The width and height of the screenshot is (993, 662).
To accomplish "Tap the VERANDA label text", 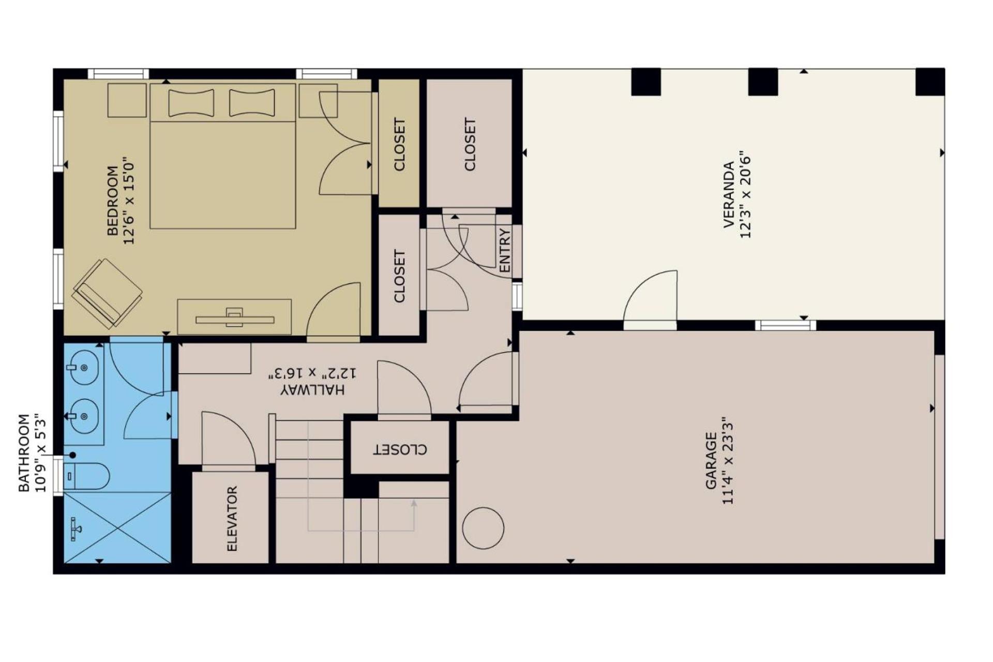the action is point(729,194).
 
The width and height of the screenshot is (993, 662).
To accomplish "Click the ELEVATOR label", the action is point(232,518).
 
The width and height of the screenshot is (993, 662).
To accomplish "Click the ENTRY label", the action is point(505,250).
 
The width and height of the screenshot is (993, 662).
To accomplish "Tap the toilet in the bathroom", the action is point(86,476).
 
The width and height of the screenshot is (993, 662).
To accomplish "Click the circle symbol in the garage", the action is point(483,528).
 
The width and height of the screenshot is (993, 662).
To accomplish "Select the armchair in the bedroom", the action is point(107,293).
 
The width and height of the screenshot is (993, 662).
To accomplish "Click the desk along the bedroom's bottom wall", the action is point(234,317).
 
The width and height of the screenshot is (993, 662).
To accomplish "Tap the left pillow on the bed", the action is point(191,103).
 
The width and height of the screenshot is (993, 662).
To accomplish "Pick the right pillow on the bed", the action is point(252,103).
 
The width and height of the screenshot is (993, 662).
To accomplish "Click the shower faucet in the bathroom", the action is point(76,528).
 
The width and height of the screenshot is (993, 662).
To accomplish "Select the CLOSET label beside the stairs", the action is point(400,449).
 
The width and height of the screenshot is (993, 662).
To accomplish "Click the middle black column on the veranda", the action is point(763,82).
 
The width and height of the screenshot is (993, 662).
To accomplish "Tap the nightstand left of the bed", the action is point(127,100).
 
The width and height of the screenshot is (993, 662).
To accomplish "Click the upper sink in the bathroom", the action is point(84,367).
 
